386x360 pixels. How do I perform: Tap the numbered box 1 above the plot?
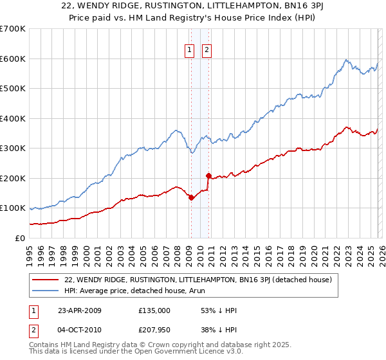click(190, 51)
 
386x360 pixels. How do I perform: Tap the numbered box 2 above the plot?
click(207, 51)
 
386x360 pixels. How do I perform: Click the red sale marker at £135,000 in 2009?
click(191, 197)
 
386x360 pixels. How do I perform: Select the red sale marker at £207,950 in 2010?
click(208, 175)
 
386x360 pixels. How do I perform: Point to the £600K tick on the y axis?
click(13, 59)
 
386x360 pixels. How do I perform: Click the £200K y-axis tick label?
click(13, 178)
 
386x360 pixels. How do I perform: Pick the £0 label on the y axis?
click(20, 238)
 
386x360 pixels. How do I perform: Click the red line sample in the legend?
click(46, 280)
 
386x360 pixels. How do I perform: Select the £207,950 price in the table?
click(154, 330)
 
